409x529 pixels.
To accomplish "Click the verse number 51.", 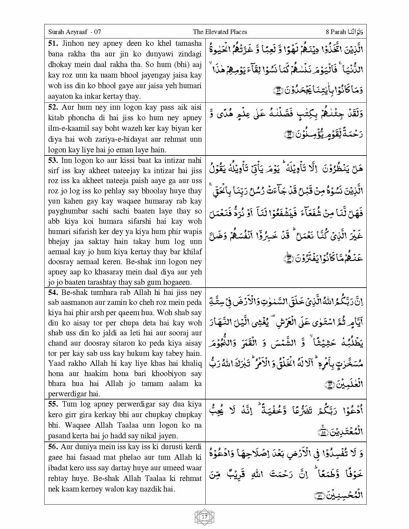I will coord(53,44).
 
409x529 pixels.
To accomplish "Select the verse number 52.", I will coord(53,107).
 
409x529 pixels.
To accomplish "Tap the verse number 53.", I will coord(53,160).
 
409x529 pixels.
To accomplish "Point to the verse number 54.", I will coord(53,292).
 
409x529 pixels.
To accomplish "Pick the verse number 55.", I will coord(53,404).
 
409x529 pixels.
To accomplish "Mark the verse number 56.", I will coord(53,447).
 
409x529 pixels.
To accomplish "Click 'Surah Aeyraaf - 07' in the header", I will coord(74,32).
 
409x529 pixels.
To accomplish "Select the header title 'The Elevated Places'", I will coord(220,32).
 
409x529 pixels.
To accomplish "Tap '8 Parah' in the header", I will coord(336,32).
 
